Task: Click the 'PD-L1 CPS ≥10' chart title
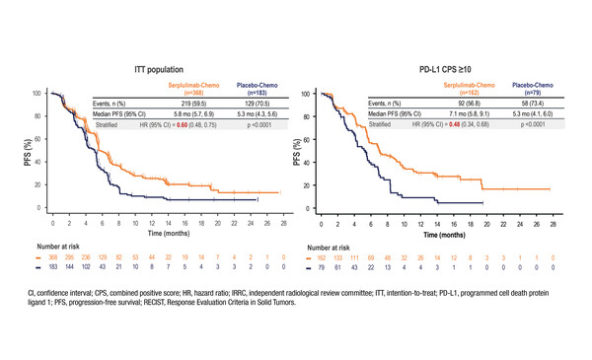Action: click(x=450, y=71)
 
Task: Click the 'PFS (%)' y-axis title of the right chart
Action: click(x=299, y=151)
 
